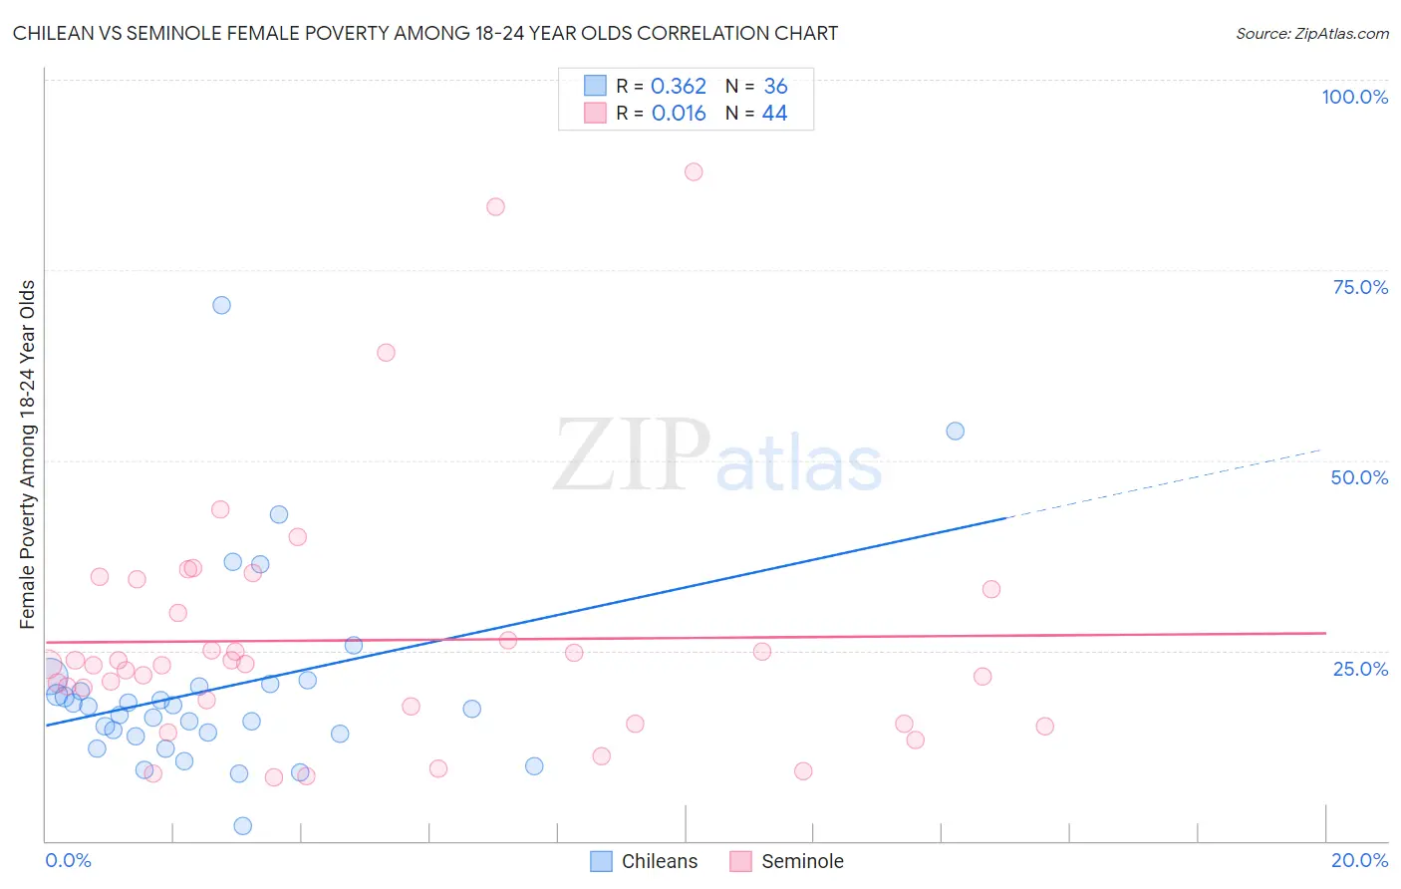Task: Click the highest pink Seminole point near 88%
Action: (x=694, y=171)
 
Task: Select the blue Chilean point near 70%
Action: (x=221, y=305)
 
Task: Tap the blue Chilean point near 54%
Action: (x=955, y=431)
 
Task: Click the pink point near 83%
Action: (x=495, y=206)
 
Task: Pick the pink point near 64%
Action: (x=386, y=352)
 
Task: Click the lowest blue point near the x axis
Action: (x=242, y=825)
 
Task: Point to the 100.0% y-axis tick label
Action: (x=1354, y=97)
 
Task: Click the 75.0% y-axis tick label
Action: (x=1359, y=287)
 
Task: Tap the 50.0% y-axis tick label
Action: (x=1358, y=477)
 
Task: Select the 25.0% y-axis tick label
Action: (x=1359, y=668)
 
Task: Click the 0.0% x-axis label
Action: (x=68, y=860)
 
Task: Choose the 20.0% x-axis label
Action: (x=1359, y=860)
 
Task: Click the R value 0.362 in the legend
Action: (x=678, y=87)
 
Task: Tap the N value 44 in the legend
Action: (x=774, y=114)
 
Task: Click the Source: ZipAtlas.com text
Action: (x=1311, y=33)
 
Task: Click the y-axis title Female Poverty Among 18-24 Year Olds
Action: (x=28, y=454)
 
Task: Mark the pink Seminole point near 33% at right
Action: (x=990, y=589)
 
